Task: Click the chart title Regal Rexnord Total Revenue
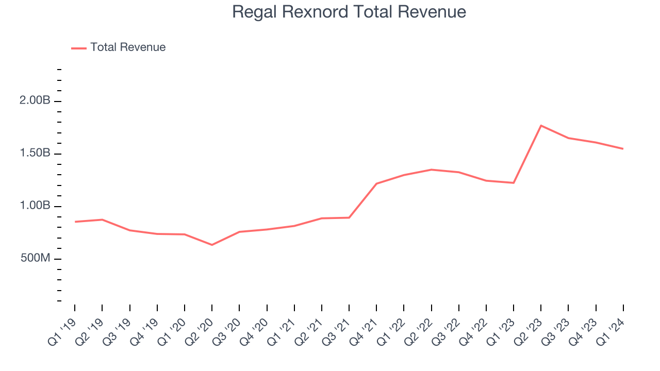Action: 349,12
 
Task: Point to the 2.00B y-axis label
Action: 35,101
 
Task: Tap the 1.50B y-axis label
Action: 35,154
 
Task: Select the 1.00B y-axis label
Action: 35,206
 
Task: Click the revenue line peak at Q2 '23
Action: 541,126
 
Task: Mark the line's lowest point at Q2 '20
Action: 212,245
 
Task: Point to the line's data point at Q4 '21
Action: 376,183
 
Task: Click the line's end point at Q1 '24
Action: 623,149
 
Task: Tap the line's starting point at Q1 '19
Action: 75,222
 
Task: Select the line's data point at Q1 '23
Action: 514,183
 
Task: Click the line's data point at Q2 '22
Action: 431,170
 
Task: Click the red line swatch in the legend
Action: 79,48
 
